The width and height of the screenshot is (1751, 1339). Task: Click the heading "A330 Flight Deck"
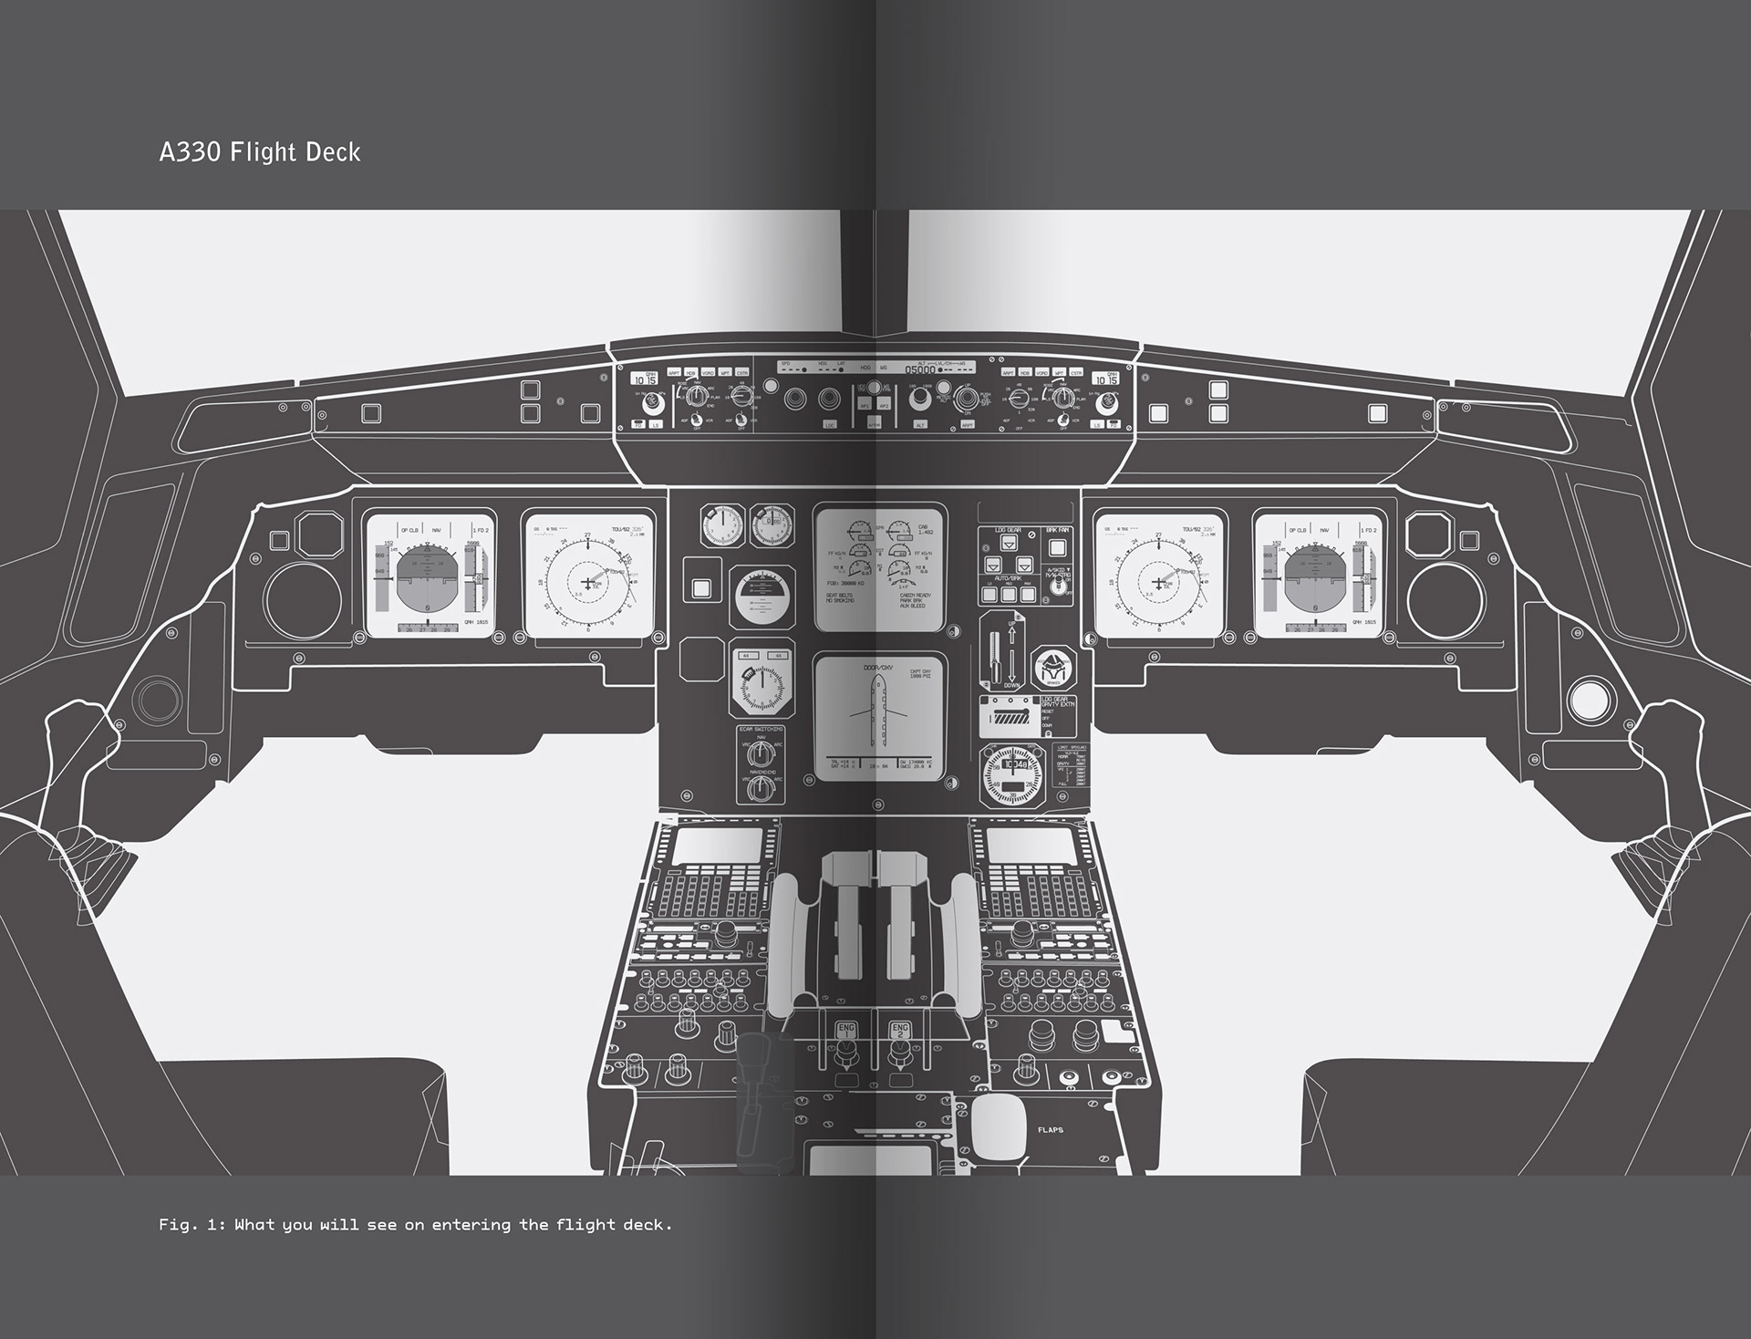pos(260,151)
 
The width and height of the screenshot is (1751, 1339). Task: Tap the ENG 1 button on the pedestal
pos(846,1031)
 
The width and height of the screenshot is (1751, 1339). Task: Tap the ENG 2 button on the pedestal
pos(900,1031)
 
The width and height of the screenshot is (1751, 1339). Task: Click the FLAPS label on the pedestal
pos(1050,1130)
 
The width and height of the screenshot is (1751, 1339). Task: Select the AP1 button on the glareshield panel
pos(864,406)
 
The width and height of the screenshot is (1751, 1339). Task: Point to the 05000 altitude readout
pos(919,370)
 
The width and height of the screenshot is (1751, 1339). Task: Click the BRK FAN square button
pos(1057,548)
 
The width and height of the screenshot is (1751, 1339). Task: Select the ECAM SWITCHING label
pos(761,730)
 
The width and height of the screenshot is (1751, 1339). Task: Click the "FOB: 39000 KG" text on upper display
pos(844,583)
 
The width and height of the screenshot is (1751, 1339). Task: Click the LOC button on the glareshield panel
pos(829,425)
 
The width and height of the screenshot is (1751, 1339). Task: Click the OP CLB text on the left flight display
pos(409,530)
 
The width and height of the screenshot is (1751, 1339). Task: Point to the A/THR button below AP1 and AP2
pos(874,425)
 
